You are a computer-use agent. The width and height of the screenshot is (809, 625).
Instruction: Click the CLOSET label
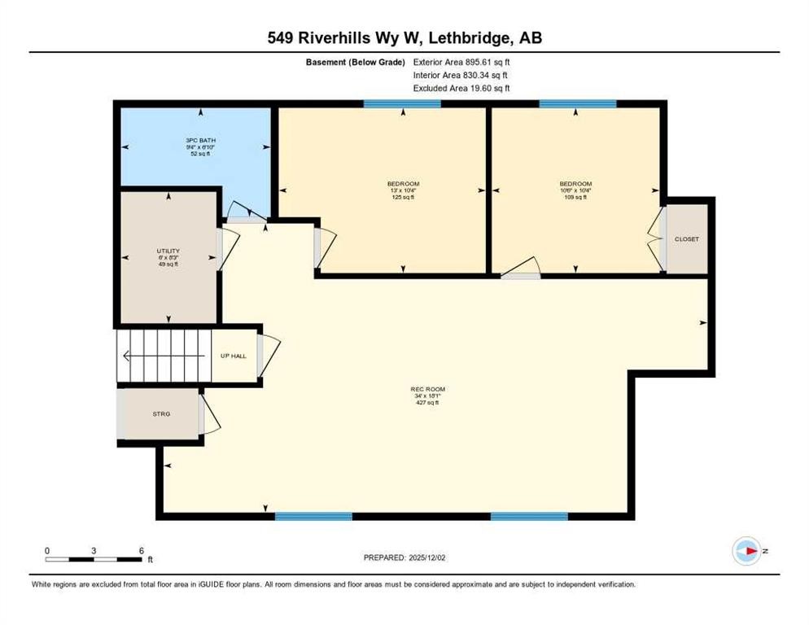tap(687, 238)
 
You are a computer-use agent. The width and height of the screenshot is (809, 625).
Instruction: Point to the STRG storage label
tap(162, 414)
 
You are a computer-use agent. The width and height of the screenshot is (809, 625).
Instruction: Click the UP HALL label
tap(234, 356)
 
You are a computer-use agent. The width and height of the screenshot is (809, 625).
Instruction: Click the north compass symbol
tap(746, 551)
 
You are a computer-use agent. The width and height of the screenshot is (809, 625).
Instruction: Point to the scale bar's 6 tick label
tap(141, 550)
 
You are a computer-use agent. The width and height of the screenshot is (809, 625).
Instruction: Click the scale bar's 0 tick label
tap(47, 550)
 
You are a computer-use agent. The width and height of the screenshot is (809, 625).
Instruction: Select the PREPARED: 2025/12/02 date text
tap(404, 557)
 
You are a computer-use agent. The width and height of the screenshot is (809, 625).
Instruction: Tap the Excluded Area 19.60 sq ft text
tap(461, 88)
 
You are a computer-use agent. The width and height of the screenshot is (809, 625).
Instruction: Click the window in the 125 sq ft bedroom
tap(402, 103)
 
